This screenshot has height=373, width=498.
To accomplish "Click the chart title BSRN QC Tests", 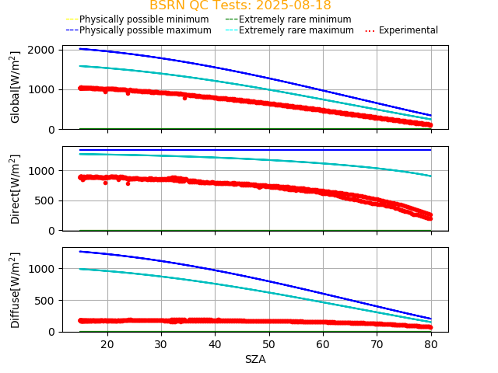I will point(240,6).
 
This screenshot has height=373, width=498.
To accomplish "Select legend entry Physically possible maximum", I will point(145,30).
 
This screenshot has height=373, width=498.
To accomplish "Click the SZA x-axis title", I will point(255,360).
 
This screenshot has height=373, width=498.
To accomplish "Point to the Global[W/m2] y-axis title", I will point(16,87).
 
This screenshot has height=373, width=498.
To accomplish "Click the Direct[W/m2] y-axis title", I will point(16,189).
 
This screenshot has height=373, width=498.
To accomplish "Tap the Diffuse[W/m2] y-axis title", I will point(16,290).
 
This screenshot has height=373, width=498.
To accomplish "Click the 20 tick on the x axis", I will point(107,343).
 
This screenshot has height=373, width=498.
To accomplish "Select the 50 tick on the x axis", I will point(268,343).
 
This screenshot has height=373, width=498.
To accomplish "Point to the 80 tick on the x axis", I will point(430,343).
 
